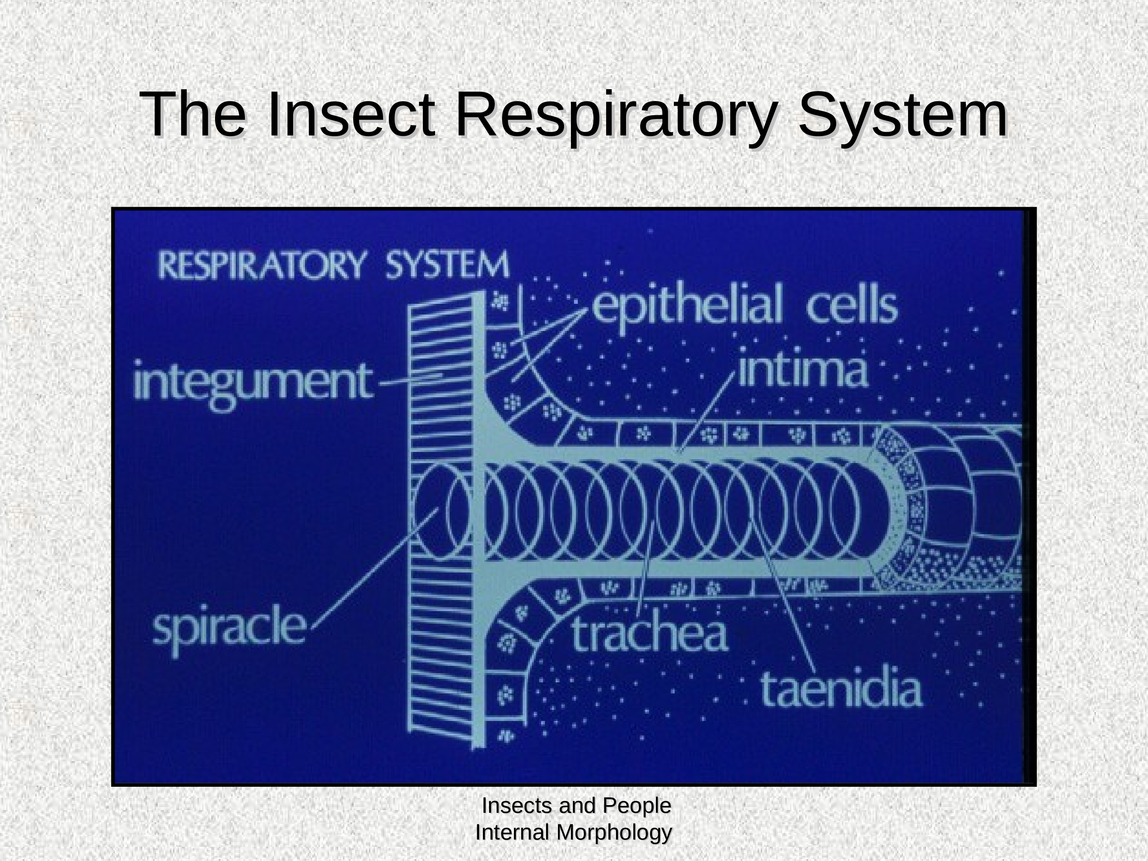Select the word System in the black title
tap(902, 115)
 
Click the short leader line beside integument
tap(411, 379)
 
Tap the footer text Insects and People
tap(576, 806)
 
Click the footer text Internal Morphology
tap(574, 832)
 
